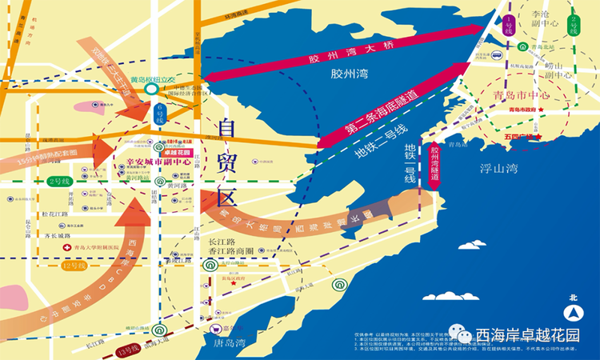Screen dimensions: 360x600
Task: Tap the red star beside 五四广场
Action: click(542, 138)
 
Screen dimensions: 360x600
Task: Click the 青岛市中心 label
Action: click(519, 94)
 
